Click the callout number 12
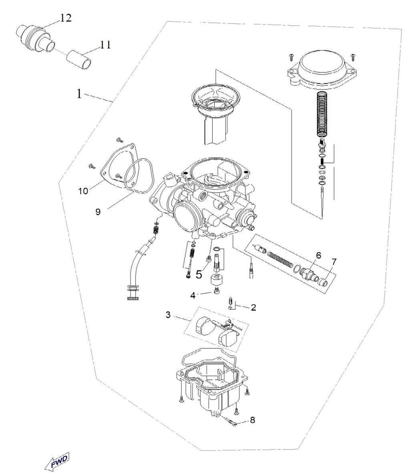click(x=66, y=18)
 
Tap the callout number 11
click(x=105, y=45)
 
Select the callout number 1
click(x=79, y=94)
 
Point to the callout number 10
click(x=83, y=191)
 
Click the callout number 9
click(x=98, y=212)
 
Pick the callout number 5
click(x=199, y=275)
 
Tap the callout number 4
click(x=193, y=295)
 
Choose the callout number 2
click(x=253, y=307)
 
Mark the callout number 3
click(x=168, y=315)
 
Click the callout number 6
click(x=319, y=255)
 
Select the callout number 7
click(x=334, y=262)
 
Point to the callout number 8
click(x=252, y=420)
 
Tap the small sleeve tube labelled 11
click(x=79, y=60)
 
